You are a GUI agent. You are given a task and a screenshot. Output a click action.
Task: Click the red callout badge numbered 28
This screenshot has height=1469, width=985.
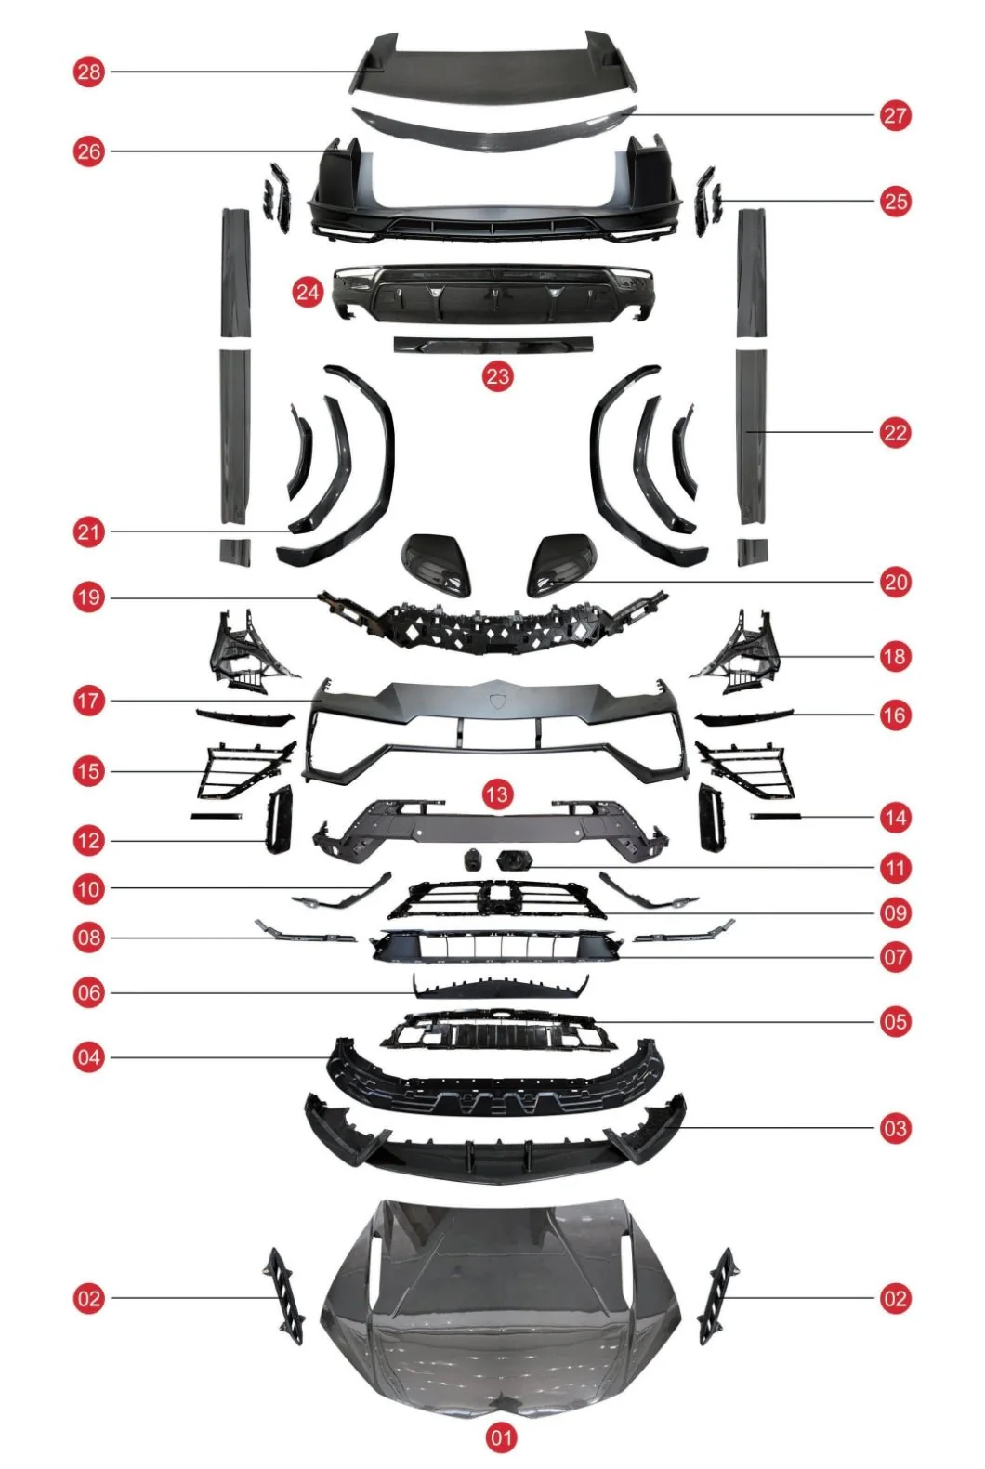click(89, 72)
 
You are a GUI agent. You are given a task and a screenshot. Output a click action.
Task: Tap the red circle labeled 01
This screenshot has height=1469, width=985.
click(501, 1436)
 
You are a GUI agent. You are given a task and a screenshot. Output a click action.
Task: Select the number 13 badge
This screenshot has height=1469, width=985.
click(496, 794)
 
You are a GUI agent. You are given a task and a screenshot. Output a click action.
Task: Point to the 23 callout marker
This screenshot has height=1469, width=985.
click(498, 376)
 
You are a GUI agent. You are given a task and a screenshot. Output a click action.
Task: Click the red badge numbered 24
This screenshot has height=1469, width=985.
click(309, 291)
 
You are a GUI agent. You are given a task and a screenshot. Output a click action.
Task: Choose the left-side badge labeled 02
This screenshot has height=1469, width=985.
click(89, 1298)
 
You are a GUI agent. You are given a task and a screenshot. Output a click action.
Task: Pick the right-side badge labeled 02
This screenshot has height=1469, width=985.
click(895, 1298)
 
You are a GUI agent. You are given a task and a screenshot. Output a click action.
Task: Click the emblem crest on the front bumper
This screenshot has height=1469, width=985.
click(496, 702)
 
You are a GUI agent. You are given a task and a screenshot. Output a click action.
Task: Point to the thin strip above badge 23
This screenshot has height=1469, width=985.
click(493, 345)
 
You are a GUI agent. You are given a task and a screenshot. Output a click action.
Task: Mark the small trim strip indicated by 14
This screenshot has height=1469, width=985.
click(776, 817)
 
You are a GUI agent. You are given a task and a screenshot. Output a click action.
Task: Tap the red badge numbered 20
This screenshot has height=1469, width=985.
click(895, 582)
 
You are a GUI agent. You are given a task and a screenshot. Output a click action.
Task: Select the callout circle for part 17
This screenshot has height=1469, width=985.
click(89, 701)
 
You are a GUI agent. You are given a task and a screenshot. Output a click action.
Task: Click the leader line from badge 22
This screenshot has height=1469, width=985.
click(812, 432)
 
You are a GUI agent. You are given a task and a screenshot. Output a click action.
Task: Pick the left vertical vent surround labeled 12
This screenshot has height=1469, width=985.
click(280, 820)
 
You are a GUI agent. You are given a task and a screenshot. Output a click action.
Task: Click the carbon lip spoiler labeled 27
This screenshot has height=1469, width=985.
click(494, 127)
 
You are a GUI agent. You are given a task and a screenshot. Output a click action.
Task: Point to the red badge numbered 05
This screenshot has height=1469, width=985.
click(895, 1021)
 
